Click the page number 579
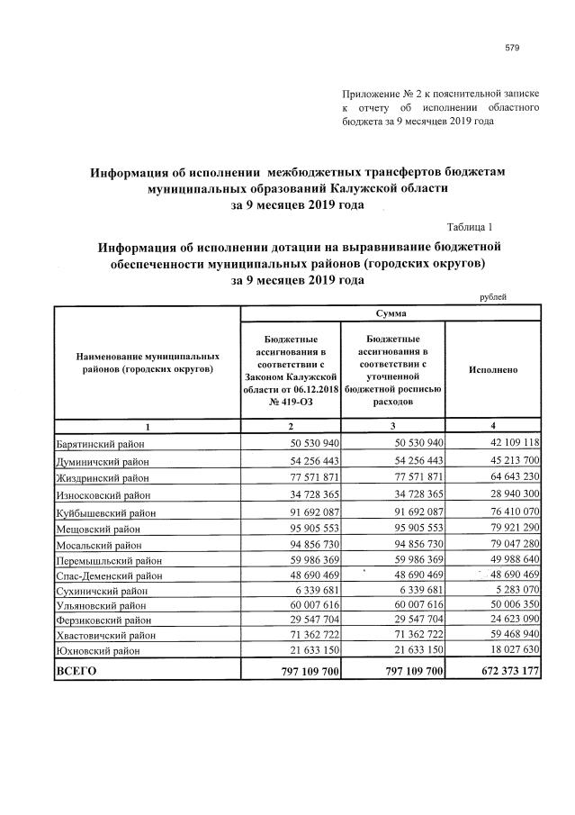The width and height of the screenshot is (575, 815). (514, 48)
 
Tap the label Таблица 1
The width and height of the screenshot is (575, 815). (470, 227)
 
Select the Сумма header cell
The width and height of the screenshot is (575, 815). (390, 313)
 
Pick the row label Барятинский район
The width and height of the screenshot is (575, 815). (100, 443)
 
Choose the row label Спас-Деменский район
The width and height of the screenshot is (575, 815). (109, 575)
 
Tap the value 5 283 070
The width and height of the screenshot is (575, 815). (510, 592)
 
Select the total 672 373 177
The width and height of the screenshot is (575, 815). (501, 670)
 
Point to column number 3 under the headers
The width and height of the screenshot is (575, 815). (393, 424)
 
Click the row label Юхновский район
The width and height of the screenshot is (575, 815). (98, 648)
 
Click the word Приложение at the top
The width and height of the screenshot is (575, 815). (372, 94)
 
